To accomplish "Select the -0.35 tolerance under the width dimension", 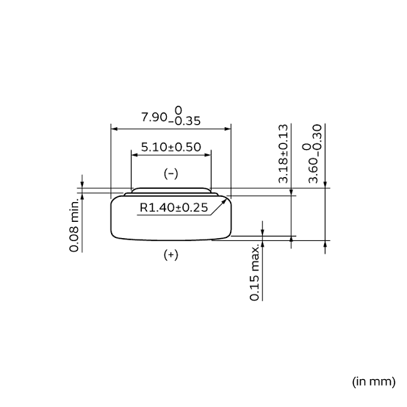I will [184, 122].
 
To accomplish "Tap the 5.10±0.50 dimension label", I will [170, 146].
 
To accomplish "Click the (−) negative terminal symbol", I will [170, 174].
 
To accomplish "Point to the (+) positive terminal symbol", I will [170, 255].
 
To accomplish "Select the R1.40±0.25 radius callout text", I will [173, 208].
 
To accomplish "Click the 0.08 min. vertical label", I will [75, 225].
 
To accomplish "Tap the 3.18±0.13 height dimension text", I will [283, 154].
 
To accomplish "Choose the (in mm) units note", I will [373, 381].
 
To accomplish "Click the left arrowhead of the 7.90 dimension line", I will [114, 127].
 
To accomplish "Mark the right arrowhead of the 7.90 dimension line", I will [228, 127].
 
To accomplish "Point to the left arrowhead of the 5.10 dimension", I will [134, 154].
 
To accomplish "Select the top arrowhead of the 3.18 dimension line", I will [292, 192].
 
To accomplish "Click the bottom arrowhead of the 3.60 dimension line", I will [325, 244].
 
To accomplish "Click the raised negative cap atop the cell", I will [170, 191].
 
